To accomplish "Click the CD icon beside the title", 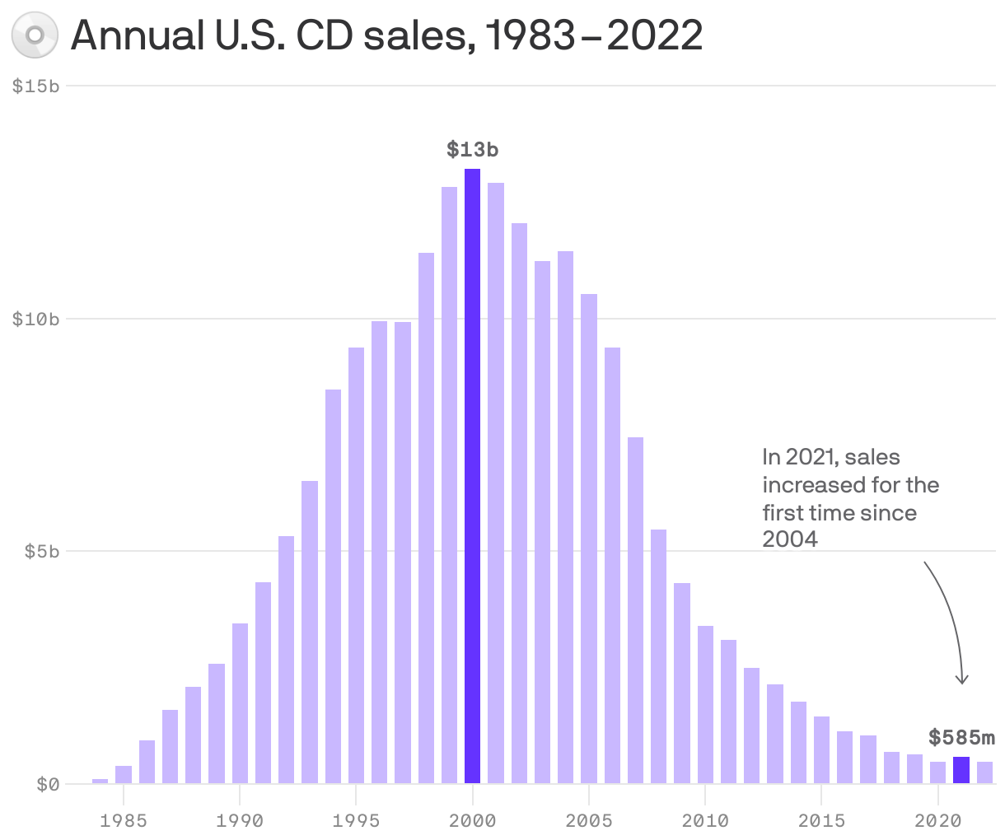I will pyautogui.click(x=35, y=35).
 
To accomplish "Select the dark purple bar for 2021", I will pyautogui.click(x=961, y=770).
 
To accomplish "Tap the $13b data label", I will pyautogui.click(x=473, y=150).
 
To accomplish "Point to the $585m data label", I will pyautogui.click(x=961, y=737).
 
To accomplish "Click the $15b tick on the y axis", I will pyautogui.click(x=36, y=86).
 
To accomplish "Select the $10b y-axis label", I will pyautogui.click(x=36, y=319).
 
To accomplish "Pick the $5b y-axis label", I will pyautogui.click(x=41, y=551).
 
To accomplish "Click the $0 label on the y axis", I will pyautogui.click(x=48, y=784).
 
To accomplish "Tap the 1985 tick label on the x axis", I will pyautogui.click(x=123, y=820).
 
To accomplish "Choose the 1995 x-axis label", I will pyautogui.click(x=356, y=820).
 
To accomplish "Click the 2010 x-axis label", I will pyautogui.click(x=705, y=820).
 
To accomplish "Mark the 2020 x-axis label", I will pyautogui.click(x=938, y=820).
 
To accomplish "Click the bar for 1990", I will pyautogui.click(x=240, y=704).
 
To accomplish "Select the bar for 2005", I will pyautogui.click(x=589, y=539).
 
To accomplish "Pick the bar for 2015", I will pyautogui.click(x=821, y=750).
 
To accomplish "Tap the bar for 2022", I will pyautogui.click(x=984, y=772).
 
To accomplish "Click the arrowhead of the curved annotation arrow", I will pyautogui.click(x=961, y=680).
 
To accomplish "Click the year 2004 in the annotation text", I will pyautogui.click(x=790, y=539).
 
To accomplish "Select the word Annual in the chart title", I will pyautogui.click(x=138, y=35).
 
